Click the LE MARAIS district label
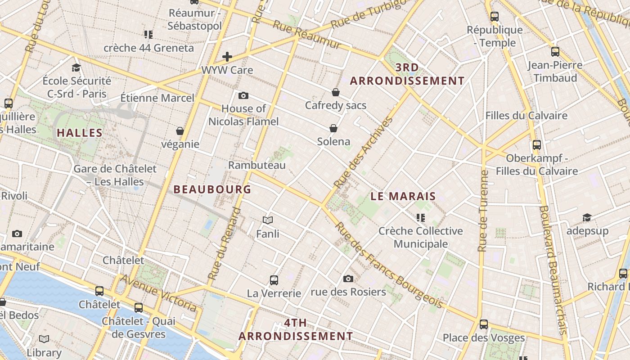403,196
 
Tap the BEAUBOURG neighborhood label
212,189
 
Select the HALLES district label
80,133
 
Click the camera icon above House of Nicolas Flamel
243,95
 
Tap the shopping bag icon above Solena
333,129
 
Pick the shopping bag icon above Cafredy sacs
336,92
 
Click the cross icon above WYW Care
227,57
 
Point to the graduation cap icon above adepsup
587,218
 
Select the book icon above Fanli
268,220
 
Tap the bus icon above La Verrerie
274,280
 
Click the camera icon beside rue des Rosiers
348,279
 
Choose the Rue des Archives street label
364,153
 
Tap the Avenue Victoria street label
158,293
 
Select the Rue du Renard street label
225,243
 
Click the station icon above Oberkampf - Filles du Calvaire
536,145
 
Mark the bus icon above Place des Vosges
484,324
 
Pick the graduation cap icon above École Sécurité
76,68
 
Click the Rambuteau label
257,165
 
